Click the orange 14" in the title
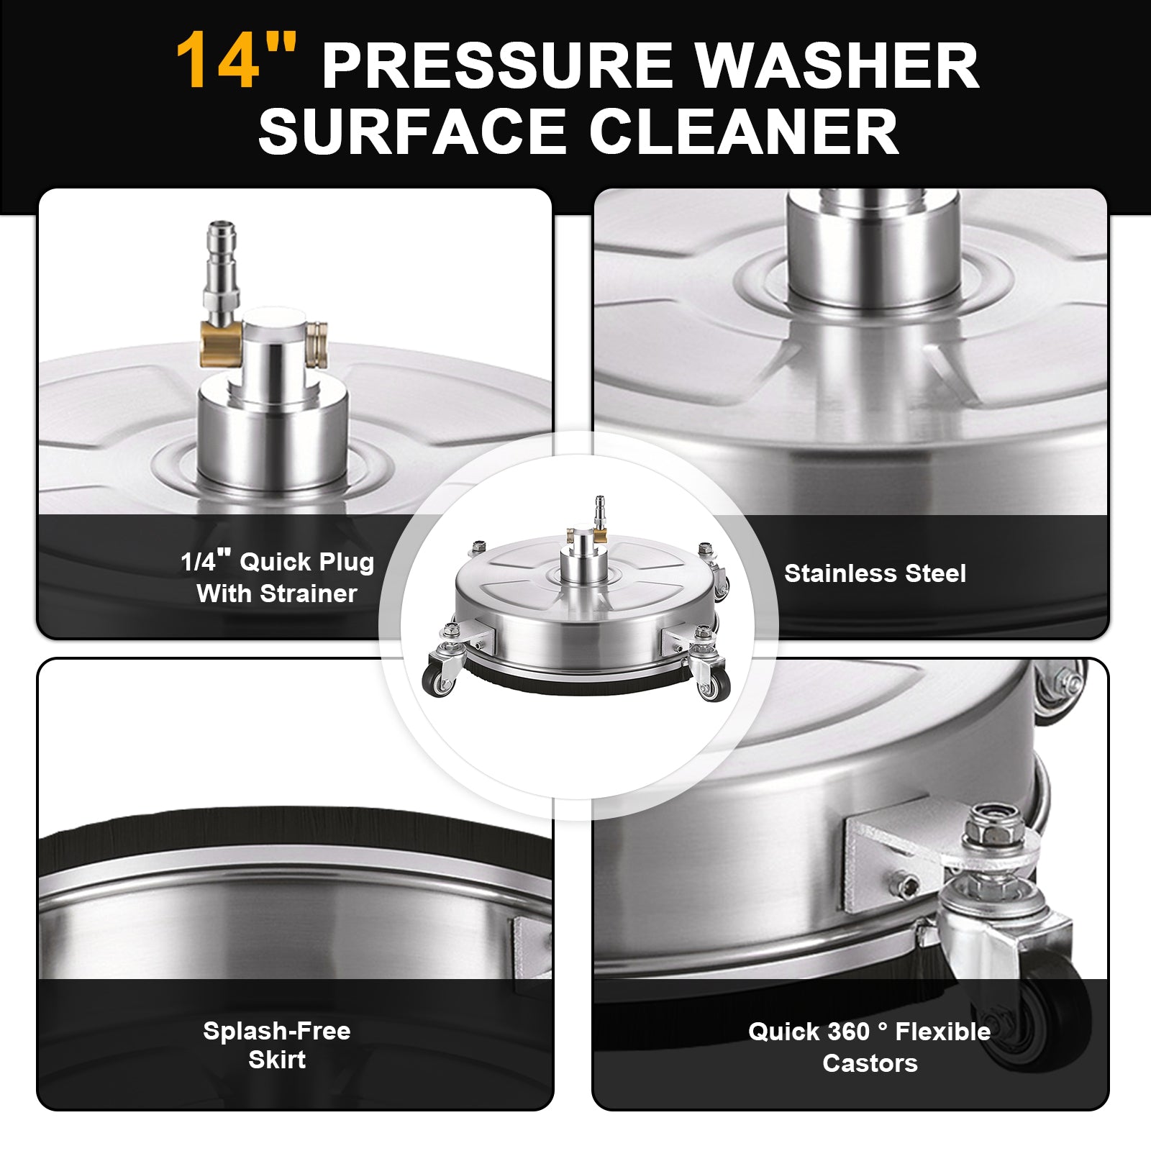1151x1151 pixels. pos(237,61)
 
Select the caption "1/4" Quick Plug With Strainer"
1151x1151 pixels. pos(277,577)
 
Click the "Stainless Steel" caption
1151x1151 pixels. pos(875,573)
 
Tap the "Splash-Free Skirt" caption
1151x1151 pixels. pos(277,1045)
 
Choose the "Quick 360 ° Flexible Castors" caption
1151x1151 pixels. pos(870,1047)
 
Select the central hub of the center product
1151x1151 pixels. pos(579,561)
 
